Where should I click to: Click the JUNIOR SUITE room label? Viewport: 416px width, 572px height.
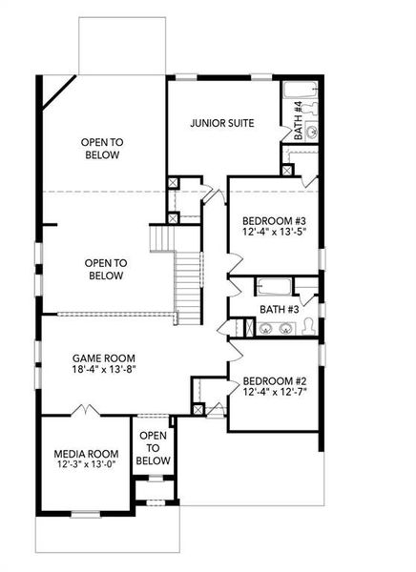coord(221,123)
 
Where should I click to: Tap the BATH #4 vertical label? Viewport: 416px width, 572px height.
coord(298,120)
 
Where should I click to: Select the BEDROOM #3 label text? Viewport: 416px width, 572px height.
coord(273,221)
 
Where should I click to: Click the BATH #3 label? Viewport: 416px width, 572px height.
coord(281,310)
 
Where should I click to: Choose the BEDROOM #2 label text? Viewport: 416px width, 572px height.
coord(273,378)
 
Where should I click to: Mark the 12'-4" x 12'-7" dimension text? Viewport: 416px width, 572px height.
coord(273,391)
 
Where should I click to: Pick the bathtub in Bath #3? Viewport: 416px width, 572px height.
coord(275,286)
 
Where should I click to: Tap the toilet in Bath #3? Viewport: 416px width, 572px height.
coord(309,329)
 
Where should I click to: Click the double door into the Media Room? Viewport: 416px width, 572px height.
coord(88,411)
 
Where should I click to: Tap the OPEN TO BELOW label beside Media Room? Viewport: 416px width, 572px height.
coord(153,448)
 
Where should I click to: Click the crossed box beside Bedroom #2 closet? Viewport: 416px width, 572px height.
coord(198,409)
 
